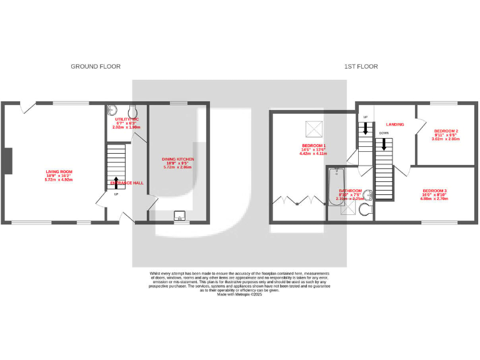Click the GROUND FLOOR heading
[x=96, y=66]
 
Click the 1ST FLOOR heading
[x=361, y=66]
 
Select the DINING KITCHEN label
[x=178, y=159]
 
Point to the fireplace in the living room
[x=7, y=160]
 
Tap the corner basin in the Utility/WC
[x=112, y=111]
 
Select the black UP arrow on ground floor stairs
[x=116, y=182]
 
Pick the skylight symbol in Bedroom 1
[x=312, y=128]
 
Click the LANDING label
[x=395, y=124]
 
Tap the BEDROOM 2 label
[x=446, y=131]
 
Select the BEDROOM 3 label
[x=434, y=191]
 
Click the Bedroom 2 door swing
[x=410, y=161]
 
